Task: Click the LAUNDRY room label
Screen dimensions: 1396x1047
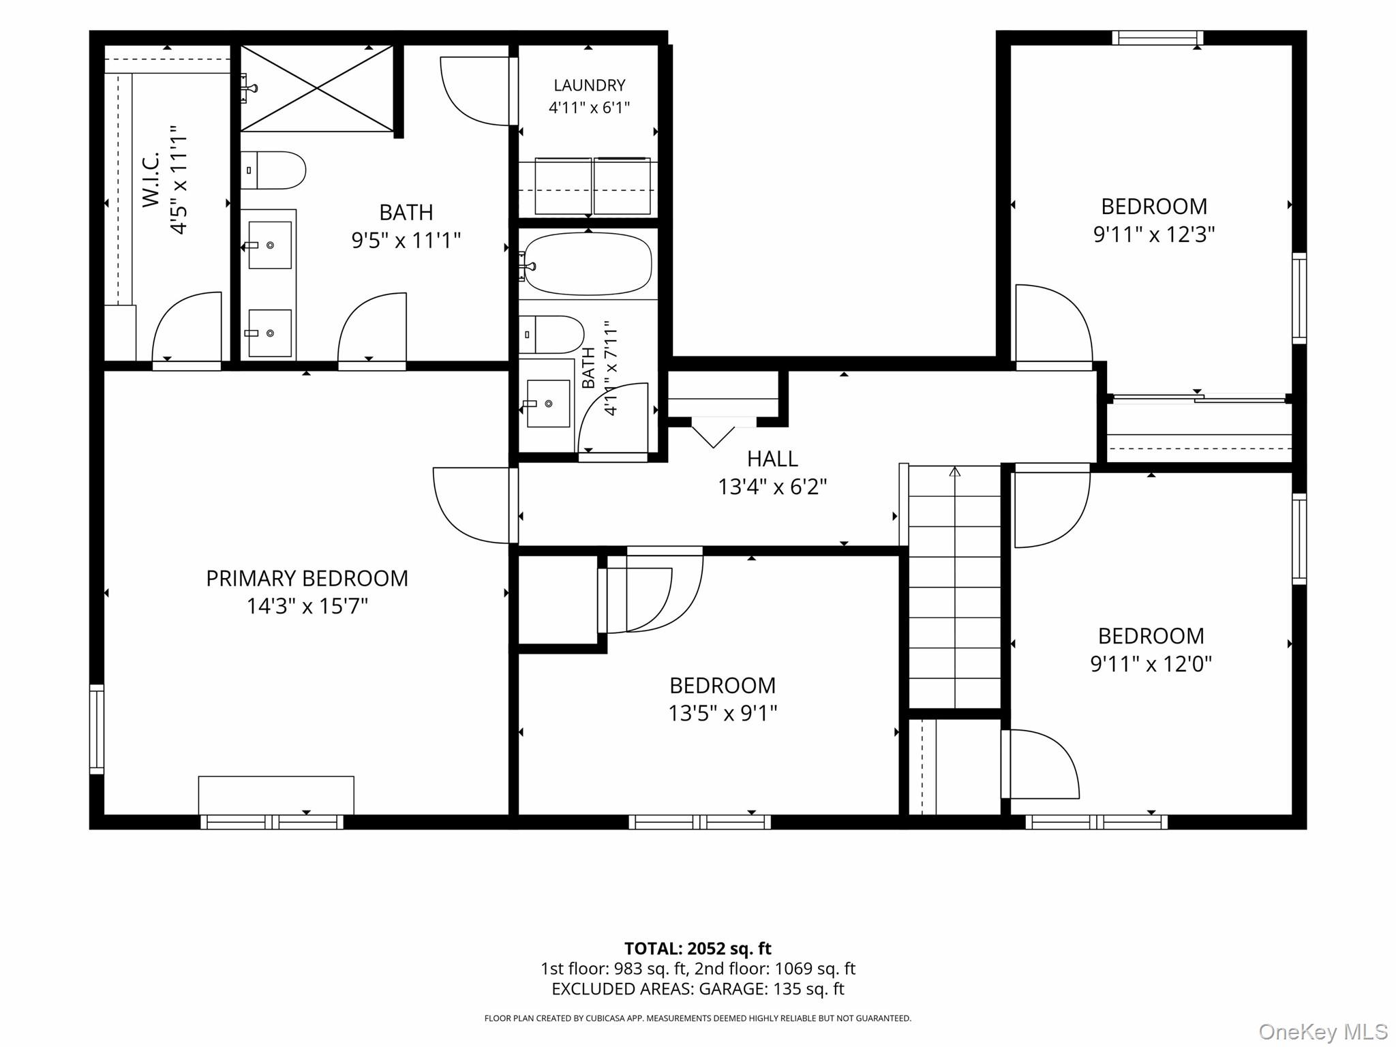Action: tap(589, 85)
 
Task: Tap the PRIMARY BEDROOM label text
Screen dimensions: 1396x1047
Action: tap(307, 579)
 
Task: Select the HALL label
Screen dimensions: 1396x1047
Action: tap(772, 459)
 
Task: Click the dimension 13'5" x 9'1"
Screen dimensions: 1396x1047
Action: tap(723, 713)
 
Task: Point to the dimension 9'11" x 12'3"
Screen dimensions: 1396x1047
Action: tap(1154, 234)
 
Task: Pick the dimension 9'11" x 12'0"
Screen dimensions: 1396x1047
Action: tap(1151, 664)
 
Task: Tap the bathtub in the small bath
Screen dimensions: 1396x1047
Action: tap(588, 264)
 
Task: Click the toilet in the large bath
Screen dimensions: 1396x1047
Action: tap(273, 170)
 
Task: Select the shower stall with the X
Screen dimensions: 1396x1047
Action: tap(317, 88)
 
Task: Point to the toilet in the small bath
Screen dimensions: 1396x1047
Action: tap(551, 334)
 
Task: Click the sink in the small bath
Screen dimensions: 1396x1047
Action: tap(548, 404)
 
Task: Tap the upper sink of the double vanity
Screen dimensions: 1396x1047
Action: tap(269, 245)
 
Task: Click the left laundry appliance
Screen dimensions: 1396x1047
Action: tap(563, 186)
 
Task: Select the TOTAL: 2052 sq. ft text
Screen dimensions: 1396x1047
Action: tap(698, 948)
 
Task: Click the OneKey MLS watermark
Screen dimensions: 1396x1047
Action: tap(1322, 1032)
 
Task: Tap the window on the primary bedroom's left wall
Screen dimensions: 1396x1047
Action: tap(97, 729)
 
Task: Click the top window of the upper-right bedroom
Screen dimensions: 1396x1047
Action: tap(1157, 38)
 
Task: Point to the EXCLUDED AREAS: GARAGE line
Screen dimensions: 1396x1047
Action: tap(698, 988)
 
